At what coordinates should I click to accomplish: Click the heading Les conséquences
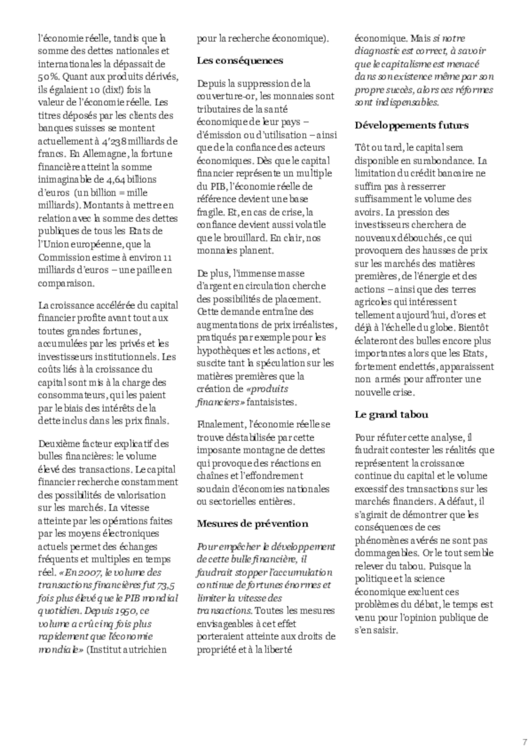pos(240,61)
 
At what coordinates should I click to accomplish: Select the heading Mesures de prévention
pos(252,524)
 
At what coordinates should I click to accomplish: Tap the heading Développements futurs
pos(411,125)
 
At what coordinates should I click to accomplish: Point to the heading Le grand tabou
pos(391,414)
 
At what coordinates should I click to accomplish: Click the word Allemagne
pos(104,154)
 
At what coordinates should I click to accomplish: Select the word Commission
pos(64,258)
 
